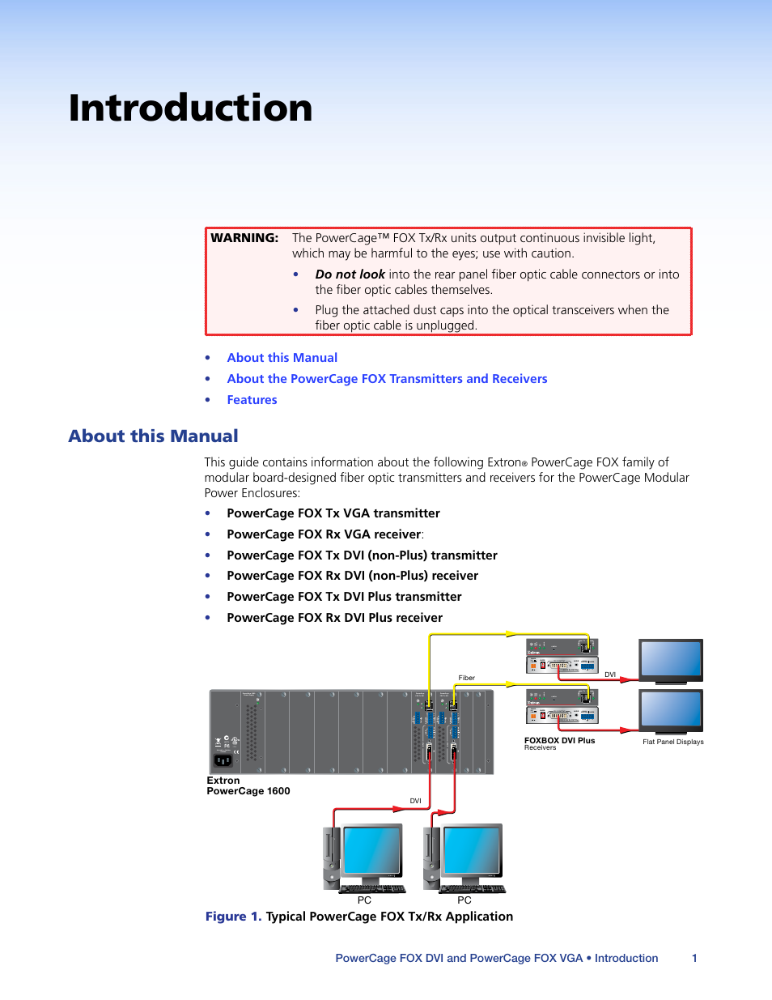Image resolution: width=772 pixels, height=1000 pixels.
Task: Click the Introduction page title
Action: [190, 109]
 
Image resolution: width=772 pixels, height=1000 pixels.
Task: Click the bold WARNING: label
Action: [244, 238]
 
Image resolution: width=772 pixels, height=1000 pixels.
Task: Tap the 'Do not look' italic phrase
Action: [350, 274]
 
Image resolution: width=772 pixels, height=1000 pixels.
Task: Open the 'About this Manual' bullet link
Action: [282, 358]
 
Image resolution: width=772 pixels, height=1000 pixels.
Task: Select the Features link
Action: [252, 400]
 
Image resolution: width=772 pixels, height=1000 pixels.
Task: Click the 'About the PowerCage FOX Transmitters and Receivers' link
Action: [387, 379]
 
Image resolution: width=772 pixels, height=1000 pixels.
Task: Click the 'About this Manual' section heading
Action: [153, 436]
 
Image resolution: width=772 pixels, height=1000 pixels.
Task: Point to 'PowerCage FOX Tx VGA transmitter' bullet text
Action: [333, 513]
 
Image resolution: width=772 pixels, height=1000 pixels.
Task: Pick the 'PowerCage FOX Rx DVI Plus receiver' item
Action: [334, 618]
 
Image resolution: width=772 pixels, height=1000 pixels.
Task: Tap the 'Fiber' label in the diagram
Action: [467, 678]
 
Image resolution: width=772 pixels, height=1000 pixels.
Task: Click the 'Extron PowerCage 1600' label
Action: [248, 786]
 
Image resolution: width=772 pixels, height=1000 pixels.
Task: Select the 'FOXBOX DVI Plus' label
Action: [559, 741]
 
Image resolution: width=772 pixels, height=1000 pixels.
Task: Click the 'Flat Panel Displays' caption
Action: [672, 742]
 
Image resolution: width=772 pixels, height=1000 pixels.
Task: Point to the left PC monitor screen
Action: [371, 850]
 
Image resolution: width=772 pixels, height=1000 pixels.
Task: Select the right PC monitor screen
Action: [472, 850]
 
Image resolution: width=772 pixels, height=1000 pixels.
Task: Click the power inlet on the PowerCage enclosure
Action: [223, 760]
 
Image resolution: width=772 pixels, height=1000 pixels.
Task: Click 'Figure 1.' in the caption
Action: [233, 917]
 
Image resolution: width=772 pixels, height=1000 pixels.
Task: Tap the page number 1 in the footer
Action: [694, 958]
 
